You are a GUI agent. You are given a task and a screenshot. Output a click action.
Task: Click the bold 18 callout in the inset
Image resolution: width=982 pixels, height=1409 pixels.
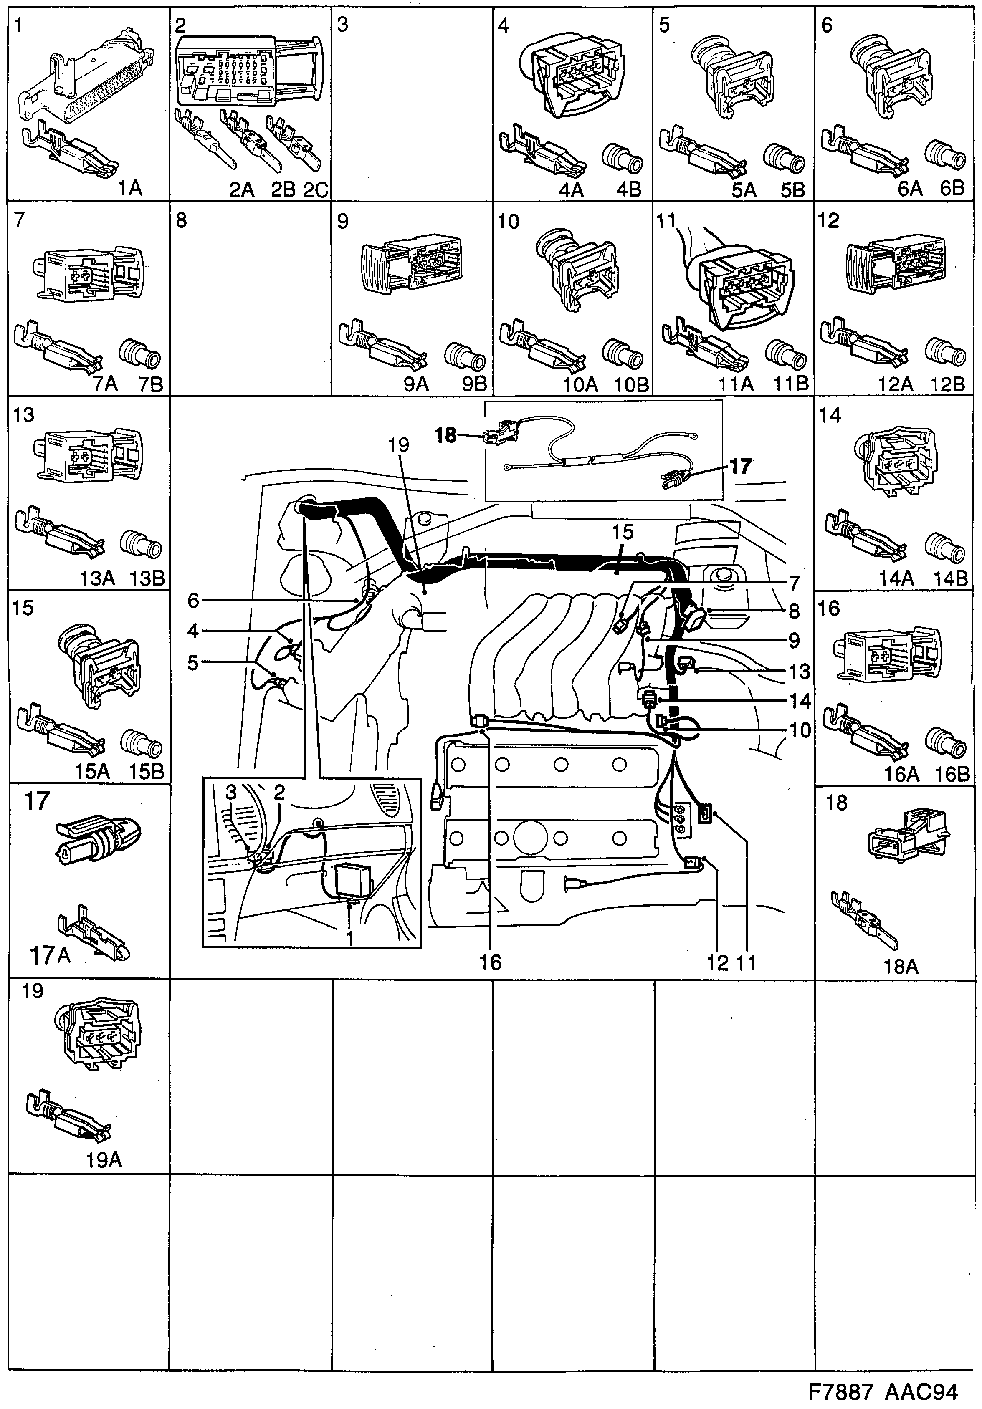click(x=447, y=436)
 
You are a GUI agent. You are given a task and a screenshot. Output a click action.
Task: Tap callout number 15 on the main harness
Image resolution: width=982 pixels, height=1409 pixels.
click(x=623, y=531)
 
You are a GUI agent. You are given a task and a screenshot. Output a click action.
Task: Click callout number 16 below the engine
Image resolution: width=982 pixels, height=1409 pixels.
click(x=491, y=963)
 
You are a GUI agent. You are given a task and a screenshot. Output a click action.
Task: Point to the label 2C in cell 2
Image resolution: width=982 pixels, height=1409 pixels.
click(x=316, y=189)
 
